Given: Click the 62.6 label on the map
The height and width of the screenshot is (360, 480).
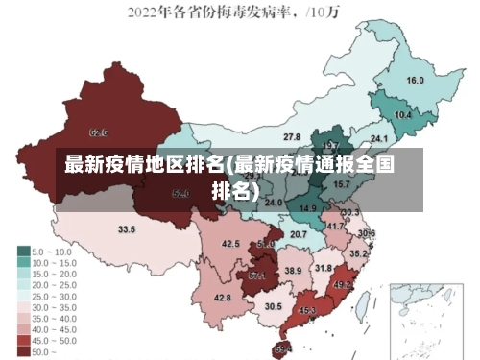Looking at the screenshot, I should tap(98, 132).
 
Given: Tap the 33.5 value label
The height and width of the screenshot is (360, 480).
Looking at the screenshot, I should tap(127, 230).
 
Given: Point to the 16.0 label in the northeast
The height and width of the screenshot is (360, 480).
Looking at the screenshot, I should tap(416, 80).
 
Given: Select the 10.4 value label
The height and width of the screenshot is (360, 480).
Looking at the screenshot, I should tap(403, 115).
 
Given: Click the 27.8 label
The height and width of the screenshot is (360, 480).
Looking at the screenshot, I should tap(292, 137).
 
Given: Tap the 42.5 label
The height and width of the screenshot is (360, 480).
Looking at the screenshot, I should tap(230, 244).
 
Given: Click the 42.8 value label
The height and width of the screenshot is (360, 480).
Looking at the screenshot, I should tap(222, 299).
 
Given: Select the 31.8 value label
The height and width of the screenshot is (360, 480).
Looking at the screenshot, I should tap(324, 268).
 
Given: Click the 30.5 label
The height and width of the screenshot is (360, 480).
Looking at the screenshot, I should tap(274, 306).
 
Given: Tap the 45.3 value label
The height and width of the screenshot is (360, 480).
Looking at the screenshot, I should tap(307, 311).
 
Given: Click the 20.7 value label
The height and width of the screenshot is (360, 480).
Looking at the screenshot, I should tap(299, 233).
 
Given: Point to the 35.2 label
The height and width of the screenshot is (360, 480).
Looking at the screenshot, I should tap(357, 253).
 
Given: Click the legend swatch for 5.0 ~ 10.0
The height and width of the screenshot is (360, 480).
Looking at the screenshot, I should tap(23, 251).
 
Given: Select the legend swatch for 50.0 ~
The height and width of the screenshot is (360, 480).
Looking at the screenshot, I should tap(23, 352).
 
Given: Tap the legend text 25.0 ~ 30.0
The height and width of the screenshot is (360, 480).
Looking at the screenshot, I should tap(54, 296).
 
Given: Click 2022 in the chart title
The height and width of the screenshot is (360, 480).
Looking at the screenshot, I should tap(144, 13).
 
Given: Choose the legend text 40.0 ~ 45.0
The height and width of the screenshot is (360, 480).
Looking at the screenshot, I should tap(54, 329).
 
